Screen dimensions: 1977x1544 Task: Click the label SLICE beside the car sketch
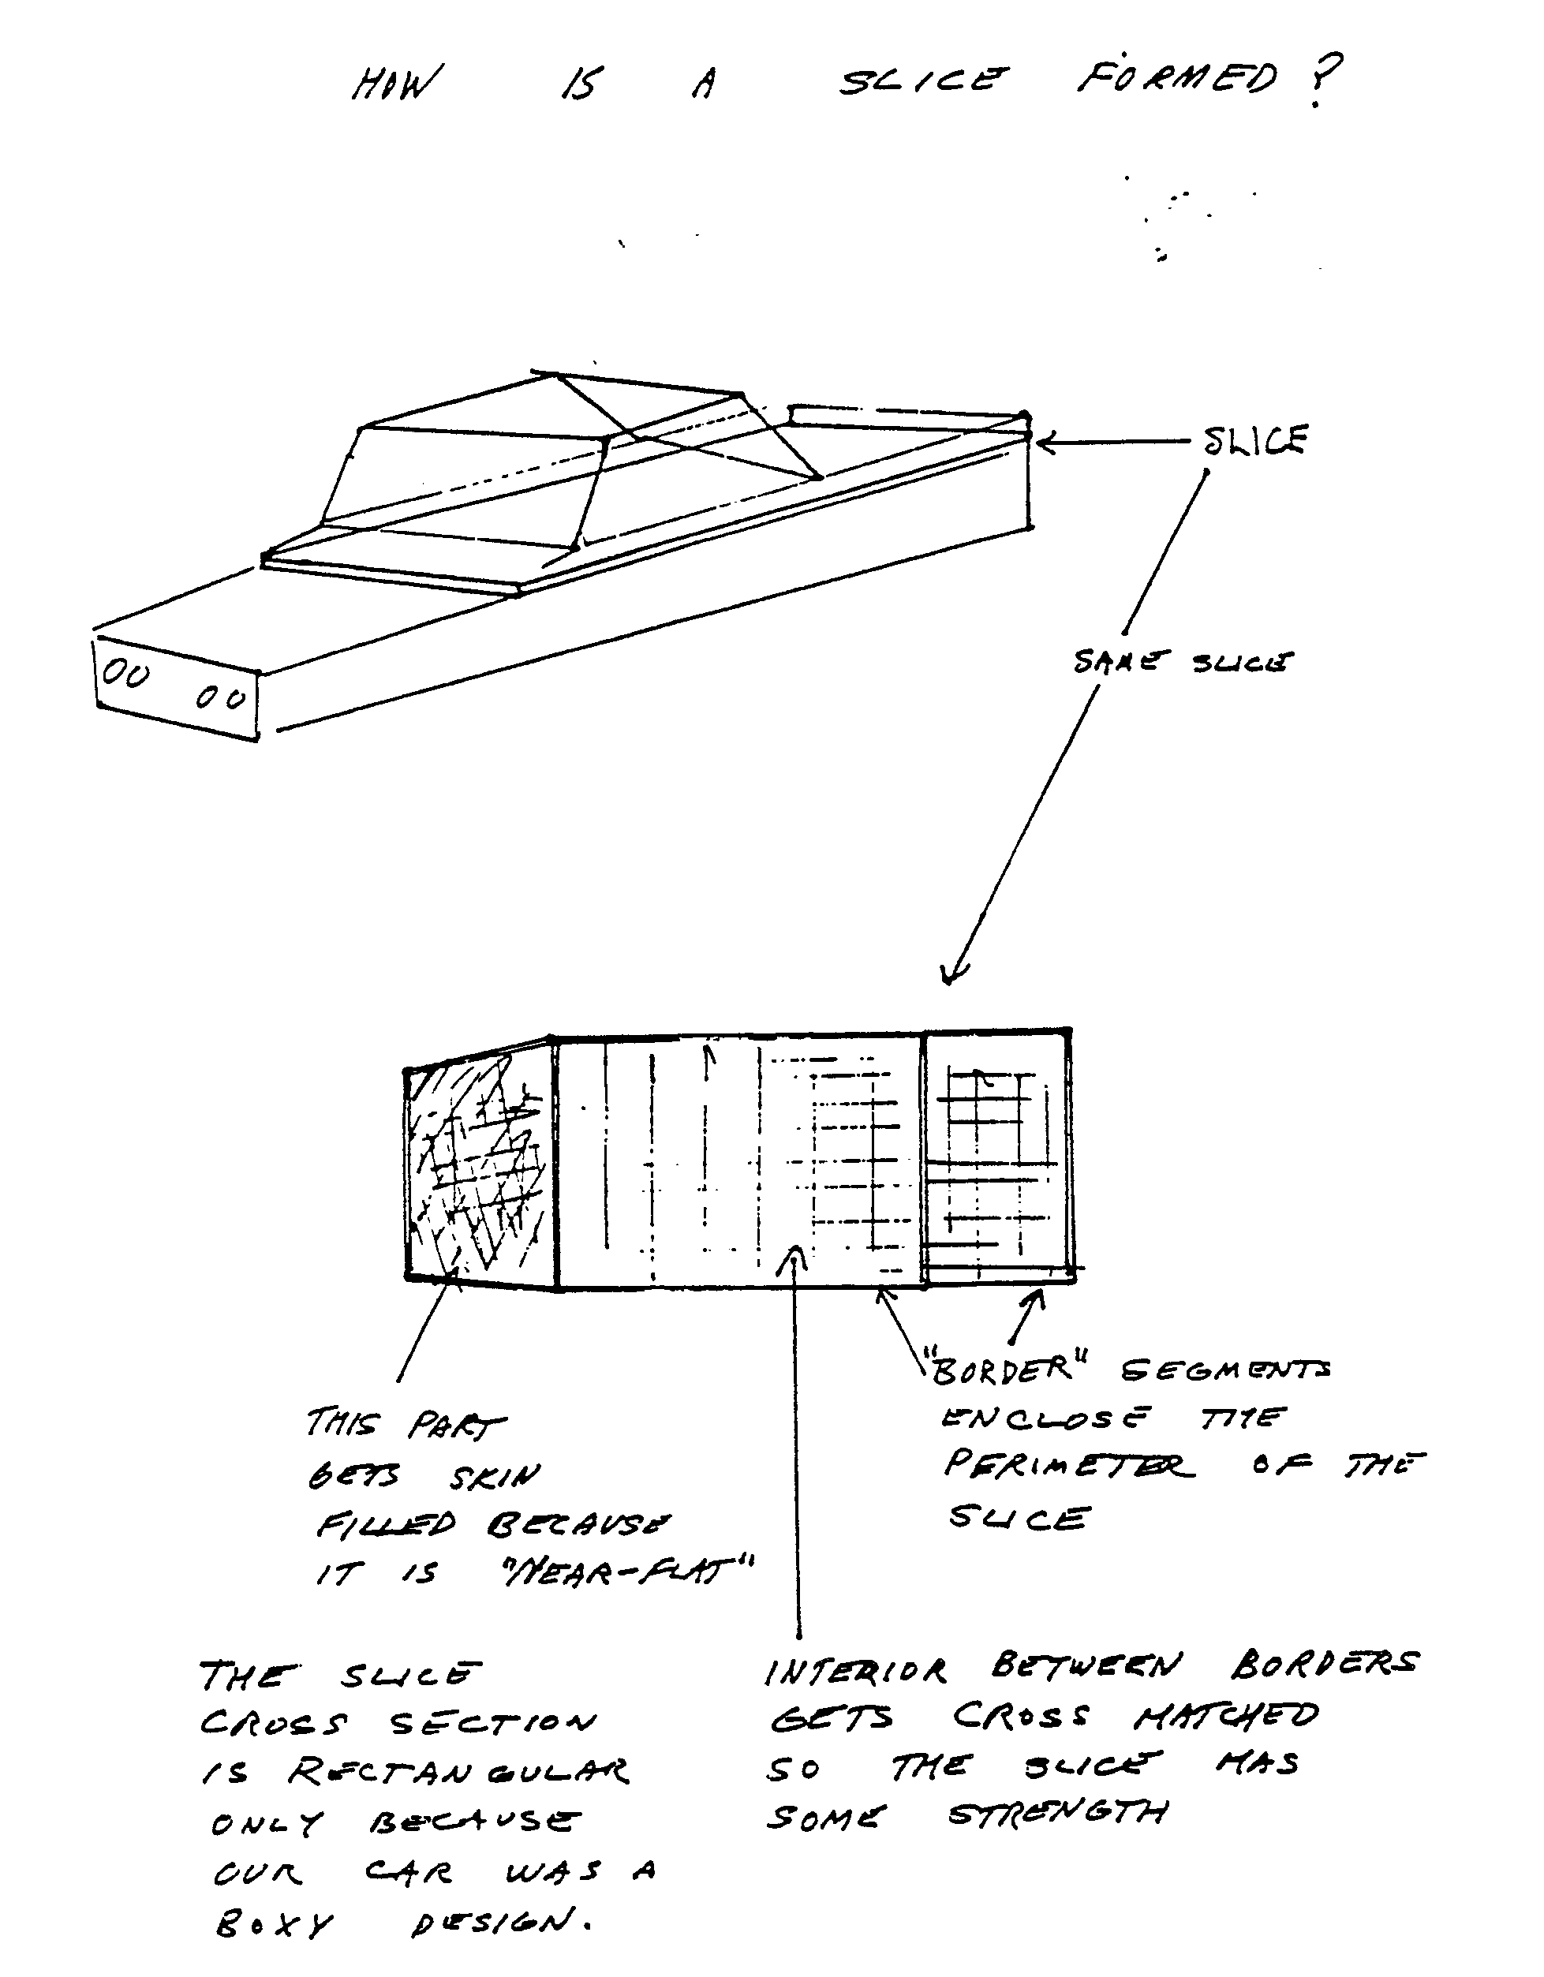pyautogui.click(x=1255, y=441)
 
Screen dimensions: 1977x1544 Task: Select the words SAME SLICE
pyautogui.click(x=1182, y=662)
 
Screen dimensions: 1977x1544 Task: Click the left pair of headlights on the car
pyautogui.click(x=125, y=674)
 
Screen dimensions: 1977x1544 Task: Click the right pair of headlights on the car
pyautogui.click(x=221, y=698)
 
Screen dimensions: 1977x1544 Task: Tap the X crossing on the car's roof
pyautogui.click(x=639, y=438)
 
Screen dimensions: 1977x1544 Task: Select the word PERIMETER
pyautogui.click(x=1069, y=1465)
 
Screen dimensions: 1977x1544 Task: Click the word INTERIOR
pyautogui.click(x=855, y=1671)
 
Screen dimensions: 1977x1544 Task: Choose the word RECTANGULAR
pyautogui.click(x=458, y=1772)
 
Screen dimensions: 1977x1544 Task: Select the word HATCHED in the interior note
pyautogui.click(x=1226, y=1714)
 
